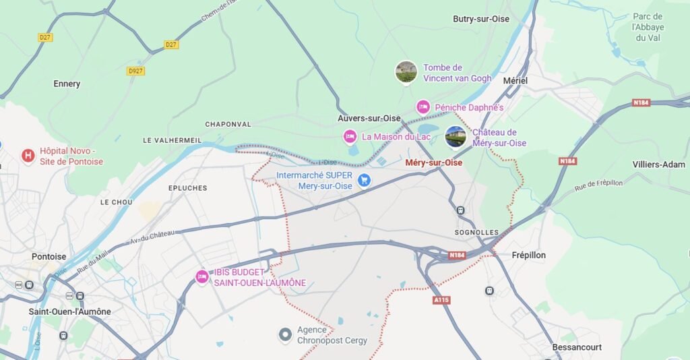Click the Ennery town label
click(x=67, y=84)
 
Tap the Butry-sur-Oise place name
click(x=480, y=19)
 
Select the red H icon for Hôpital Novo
click(x=28, y=156)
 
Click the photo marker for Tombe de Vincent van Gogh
click(x=406, y=72)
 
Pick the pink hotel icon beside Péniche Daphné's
click(x=423, y=107)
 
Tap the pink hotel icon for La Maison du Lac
click(x=350, y=137)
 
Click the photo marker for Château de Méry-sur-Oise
click(x=456, y=137)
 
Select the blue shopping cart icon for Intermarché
click(x=365, y=180)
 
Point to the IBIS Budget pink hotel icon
click(x=201, y=276)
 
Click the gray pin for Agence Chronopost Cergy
click(x=286, y=334)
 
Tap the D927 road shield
click(x=135, y=71)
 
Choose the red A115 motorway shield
click(x=441, y=299)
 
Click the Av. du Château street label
click(x=152, y=235)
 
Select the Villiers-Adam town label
click(x=658, y=164)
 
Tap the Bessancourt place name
click(x=576, y=347)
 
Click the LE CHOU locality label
click(x=116, y=202)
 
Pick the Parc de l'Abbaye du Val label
click(x=648, y=27)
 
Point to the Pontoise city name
click(x=49, y=256)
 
